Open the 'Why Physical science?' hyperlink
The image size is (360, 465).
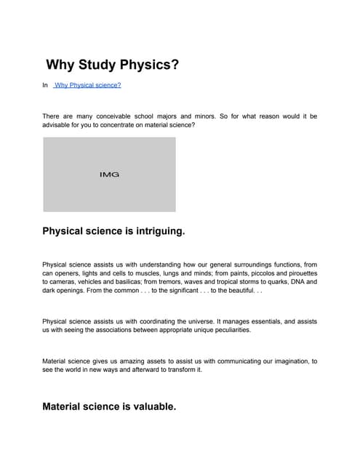pos(88,85)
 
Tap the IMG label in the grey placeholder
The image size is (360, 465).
pos(109,175)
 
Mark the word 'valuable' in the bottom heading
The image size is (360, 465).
pos(150,407)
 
